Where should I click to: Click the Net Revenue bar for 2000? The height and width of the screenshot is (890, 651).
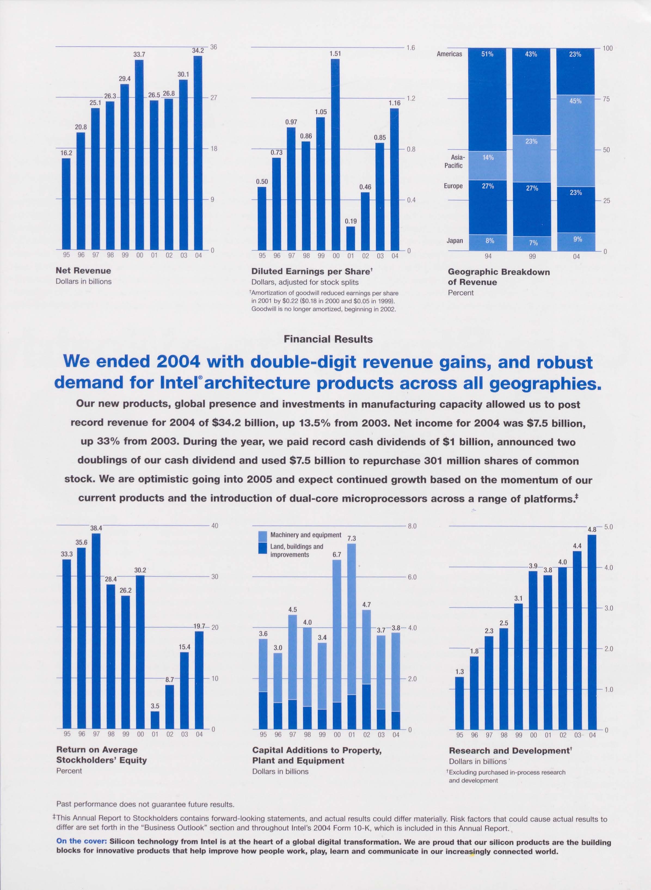(x=139, y=155)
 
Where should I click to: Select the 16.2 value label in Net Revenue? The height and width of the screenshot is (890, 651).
(x=66, y=152)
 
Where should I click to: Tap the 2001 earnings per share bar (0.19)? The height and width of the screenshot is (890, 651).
(x=350, y=238)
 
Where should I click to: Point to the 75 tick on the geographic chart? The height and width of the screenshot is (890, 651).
(x=606, y=99)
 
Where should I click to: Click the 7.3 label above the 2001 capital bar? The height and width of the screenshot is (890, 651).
(x=351, y=538)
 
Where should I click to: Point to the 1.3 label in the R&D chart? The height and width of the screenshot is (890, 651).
(x=459, y=672)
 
